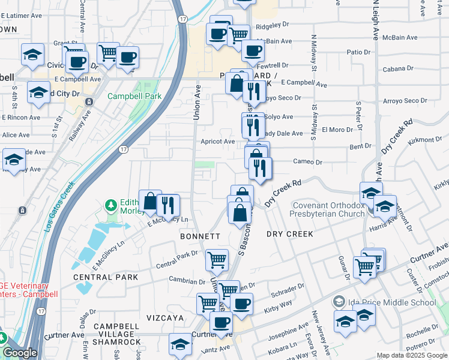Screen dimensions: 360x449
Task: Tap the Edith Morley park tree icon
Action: (x=110, y=206)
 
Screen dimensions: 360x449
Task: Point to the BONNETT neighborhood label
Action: (x=200, y=237)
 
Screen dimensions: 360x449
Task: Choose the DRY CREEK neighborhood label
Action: (x=291, y=233)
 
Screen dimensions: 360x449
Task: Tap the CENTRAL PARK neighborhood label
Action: (x=106, y=277)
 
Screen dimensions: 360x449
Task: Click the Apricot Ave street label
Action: (x=217, y=142)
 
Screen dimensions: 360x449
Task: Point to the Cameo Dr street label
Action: (x=307, y=162)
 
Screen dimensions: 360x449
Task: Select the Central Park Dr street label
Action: (x=176, y=260)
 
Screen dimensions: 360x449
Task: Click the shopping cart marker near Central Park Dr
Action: (x=217, y=260)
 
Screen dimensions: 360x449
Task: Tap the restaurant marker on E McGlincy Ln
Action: (x=167, y=205)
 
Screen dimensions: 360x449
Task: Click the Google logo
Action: (x=20, y=353)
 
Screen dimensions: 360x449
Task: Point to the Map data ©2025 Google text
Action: (x=411, y=355)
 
